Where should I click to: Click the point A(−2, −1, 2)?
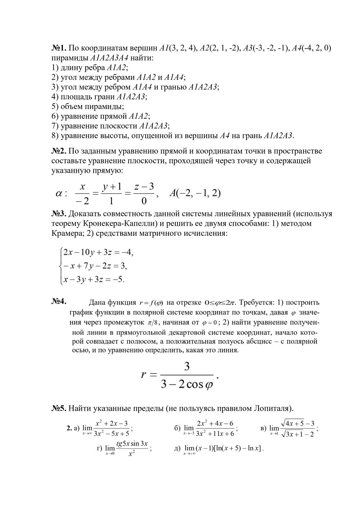[195, 193]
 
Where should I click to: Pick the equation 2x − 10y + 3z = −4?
[98, 252]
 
